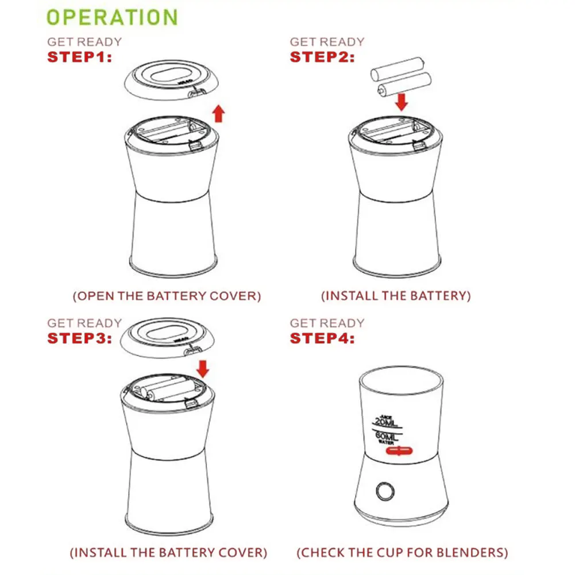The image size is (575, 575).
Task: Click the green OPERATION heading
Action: click(112, 17)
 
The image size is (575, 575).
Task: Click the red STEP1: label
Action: click(79, 57)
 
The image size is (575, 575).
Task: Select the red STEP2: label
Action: click(322, 57)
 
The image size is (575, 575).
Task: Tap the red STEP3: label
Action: click(79, 338)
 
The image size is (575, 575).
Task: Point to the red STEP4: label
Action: click(322, 338)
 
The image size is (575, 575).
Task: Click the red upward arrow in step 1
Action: click(218, 113)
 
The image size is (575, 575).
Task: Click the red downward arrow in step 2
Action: click(402, 102)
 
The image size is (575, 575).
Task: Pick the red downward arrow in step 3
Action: click(202, 368)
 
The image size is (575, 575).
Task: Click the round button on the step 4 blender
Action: click(385, 491)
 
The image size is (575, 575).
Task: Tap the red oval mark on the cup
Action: click(400, 451)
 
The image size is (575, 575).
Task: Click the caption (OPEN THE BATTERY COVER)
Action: click(167, 296)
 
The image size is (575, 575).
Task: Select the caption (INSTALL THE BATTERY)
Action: click(396, 296)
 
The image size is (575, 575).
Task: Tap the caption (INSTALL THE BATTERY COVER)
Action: click(168, 553)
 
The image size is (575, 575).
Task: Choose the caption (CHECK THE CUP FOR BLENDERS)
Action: click(402, 553)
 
